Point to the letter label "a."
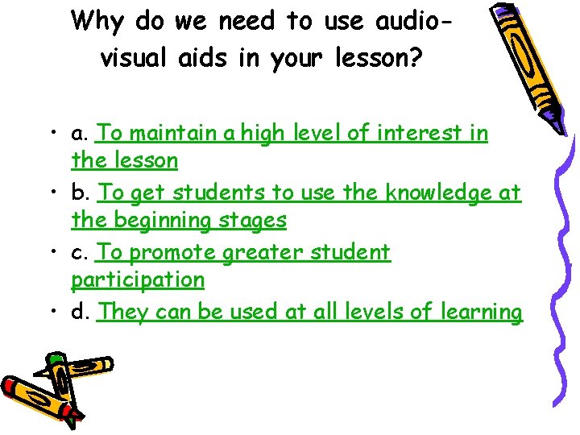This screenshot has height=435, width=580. [x=81, y=133]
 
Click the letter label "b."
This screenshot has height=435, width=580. [x=81, y=193]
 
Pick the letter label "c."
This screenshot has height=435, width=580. [x=81, y=252]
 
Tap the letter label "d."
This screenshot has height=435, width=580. [x=81, y=312]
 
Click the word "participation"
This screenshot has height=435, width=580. [x=138, y=280]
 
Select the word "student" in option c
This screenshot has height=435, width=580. [x=348, y=252]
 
